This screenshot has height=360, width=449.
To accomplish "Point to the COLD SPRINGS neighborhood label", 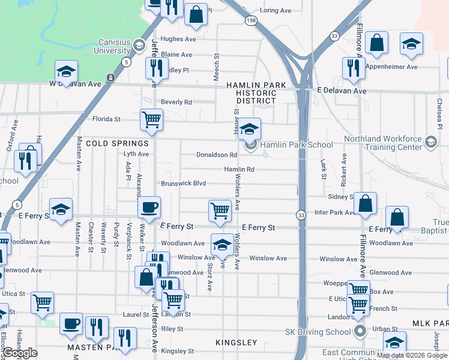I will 117,143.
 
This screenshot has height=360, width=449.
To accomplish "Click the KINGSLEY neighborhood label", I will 237,343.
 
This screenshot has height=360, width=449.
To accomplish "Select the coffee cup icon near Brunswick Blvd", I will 149,208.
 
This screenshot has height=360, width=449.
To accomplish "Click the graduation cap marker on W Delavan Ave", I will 66,71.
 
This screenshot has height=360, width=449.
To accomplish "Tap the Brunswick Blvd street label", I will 183,184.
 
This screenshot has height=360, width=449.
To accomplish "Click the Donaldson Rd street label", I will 217,155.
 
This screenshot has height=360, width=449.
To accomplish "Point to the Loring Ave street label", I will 276,11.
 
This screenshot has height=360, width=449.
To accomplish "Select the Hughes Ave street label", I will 178,39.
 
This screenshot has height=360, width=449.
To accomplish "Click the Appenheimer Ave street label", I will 394,67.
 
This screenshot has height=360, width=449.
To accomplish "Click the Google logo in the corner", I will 20,353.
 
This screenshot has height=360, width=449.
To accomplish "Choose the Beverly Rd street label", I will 176,102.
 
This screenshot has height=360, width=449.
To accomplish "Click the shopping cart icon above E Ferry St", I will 220,211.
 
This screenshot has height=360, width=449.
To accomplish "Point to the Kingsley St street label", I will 178,351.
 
